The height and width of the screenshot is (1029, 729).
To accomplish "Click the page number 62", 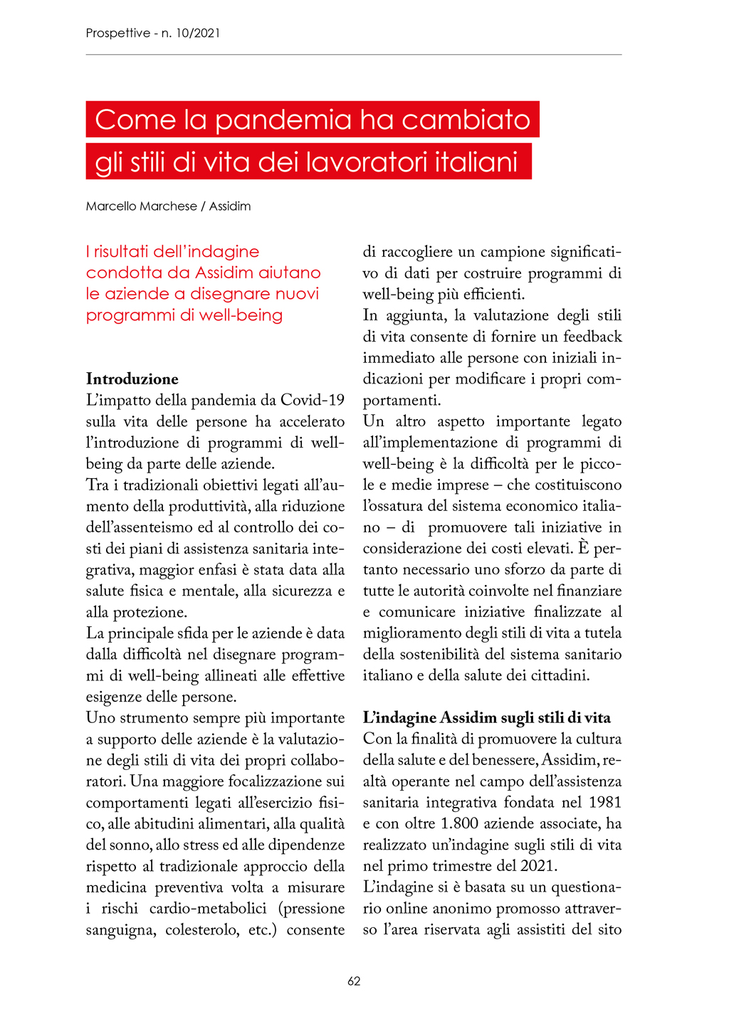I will tap(354, 981).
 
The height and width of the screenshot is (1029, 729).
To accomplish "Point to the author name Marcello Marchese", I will tap(142, 206).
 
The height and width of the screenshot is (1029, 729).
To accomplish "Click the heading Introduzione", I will tap(132, 379).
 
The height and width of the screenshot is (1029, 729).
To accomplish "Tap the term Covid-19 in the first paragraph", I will tap(313, 400).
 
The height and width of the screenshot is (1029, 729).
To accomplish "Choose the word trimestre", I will tap(468, 866).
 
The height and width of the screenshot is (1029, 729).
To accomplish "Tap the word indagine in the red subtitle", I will tap(224, 252).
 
